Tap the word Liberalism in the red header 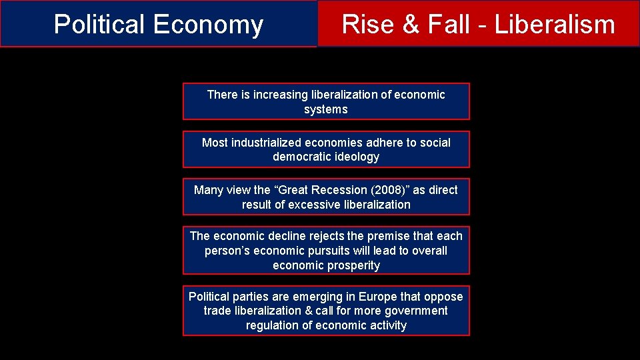pyautogui.click(x=555, y=24)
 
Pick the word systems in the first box pyautogui.click(x=326, y=109)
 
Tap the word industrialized pyautogui.click(x=266, y=143)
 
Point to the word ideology pyautogui.click(x=358, y=157)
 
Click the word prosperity pyautogui.click(x=353, y=265)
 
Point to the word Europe pyautogui.click(x=377, y=297)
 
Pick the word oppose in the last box pyautogui.click(x=444, y=297)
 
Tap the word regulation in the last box pyautogui.click(x=273, y=325)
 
